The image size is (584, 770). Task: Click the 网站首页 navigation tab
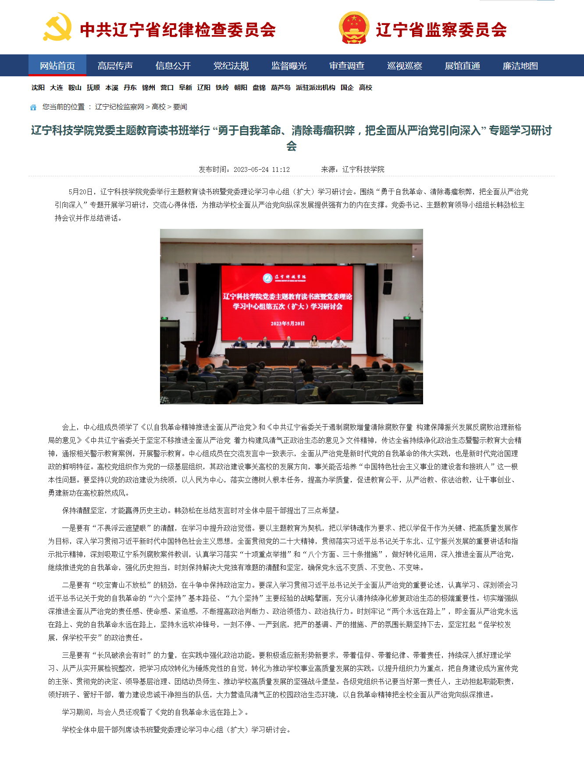click(57, 66)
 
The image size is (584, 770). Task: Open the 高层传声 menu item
click(115, 66)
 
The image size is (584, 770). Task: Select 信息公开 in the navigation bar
click(173, 66)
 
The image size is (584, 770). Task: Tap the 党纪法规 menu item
click(231, 66)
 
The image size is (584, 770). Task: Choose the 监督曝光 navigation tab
click(289, 66)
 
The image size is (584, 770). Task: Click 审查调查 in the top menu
click(347, 66)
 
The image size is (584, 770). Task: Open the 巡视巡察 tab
click(405, 66)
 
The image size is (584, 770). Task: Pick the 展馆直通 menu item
click(463, 66)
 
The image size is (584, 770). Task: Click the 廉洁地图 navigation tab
click(520, 66)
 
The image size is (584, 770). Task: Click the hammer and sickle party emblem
click(57, 27)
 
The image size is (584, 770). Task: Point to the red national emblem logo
click(354, 28)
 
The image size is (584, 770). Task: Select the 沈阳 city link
click(38, 88)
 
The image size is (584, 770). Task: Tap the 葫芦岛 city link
click(281, 88)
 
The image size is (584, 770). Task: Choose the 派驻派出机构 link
click(316, 88)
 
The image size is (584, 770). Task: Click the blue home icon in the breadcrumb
click(33, 107)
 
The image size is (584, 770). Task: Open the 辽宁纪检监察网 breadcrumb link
click(119, 107)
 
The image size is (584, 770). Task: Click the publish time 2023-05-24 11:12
click(261, 170)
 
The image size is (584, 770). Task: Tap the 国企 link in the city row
click(347, 88)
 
